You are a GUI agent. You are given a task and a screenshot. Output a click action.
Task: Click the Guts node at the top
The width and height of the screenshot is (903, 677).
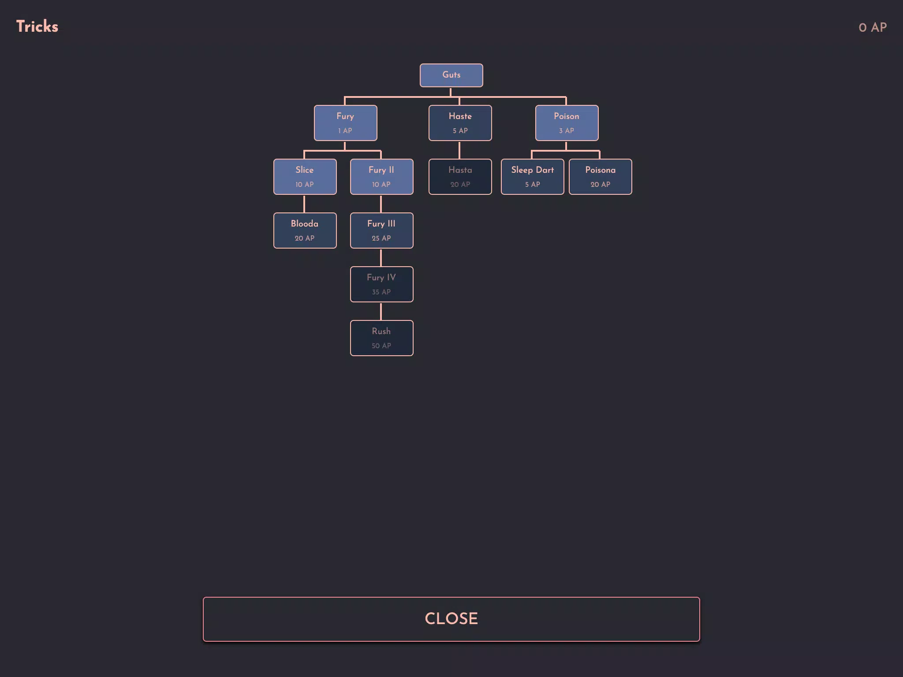(x=451, y=75)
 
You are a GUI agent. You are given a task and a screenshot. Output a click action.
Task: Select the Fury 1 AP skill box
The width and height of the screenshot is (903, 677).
(x=345, y=123)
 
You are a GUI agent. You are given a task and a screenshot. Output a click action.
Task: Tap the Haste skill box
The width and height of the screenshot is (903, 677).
(x=460, y=123)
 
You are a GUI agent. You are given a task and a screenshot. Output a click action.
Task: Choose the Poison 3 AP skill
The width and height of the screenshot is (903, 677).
(x=567, y=123)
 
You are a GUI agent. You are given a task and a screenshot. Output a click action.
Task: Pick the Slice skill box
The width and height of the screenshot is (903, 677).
(x=305, y=177)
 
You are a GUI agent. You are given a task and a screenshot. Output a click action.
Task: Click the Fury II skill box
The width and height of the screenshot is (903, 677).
(x=381, y=177)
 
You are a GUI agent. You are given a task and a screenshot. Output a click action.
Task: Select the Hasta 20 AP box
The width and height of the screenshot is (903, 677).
(x=460, y=177)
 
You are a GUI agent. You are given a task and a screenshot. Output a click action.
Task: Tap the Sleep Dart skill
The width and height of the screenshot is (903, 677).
(x=532, y=177)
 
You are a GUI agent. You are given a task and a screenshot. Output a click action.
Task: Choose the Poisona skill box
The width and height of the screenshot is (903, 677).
(x=600, y=177)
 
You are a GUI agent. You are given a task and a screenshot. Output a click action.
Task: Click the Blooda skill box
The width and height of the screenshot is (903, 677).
(x=305, y=231)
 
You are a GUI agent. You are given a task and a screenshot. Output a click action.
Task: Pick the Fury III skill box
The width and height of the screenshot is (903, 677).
(x=381, y=231)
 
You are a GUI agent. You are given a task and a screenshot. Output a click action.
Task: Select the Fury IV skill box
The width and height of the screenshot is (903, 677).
(x=381, y=284)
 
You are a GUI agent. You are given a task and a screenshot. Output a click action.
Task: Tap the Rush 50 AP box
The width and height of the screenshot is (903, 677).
(x=381, y=338)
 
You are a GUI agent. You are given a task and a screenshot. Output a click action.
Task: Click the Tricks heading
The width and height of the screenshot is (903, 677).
(x=37, y=26)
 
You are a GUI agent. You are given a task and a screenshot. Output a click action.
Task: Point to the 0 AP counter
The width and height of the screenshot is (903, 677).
(x=873, y=27)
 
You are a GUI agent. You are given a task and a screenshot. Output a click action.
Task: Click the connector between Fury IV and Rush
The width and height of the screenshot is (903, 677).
(x=381, y=311)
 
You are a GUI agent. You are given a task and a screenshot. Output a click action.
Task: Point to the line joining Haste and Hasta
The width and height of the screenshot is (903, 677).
(x=459, y=150)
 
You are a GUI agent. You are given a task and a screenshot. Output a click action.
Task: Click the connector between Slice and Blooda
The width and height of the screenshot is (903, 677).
(x=304, y=204)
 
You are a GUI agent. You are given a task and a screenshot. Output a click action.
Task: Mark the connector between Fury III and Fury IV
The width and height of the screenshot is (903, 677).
(x=381, y=257)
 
